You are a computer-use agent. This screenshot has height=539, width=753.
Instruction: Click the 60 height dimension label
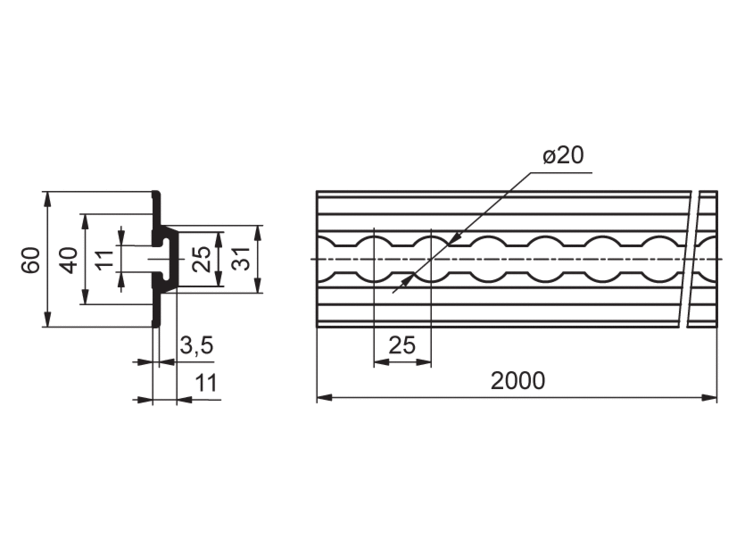[30, 260]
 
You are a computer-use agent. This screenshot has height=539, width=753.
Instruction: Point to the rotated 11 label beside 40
[104, 260]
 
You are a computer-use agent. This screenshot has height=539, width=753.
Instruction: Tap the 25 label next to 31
[202, 260]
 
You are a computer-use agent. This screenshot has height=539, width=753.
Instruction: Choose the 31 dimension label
[241, 260]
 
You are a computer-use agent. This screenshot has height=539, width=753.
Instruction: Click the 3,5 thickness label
[196, 345]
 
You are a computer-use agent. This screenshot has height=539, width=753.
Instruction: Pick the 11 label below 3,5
[206, 384]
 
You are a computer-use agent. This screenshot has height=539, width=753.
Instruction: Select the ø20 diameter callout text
[563, 155]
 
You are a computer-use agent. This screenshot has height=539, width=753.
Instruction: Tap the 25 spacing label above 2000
[402, 345]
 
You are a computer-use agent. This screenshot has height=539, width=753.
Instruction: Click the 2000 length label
[517, 381]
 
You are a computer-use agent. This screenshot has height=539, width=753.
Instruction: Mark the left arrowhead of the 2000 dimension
[325, 398]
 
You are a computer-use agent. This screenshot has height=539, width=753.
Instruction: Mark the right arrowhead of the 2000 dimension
[709, 398]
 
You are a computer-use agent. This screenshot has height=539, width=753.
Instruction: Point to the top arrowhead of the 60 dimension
[47, 199]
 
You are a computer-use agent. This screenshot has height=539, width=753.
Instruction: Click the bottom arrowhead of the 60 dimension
[47, 319]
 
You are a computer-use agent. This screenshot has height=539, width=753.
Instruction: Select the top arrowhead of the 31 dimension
[258, 233]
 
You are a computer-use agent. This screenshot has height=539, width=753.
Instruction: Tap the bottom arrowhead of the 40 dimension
[86, 296]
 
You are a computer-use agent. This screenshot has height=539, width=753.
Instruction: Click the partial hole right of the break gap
[706, 260]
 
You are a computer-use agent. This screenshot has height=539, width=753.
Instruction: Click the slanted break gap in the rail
[690, 260]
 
